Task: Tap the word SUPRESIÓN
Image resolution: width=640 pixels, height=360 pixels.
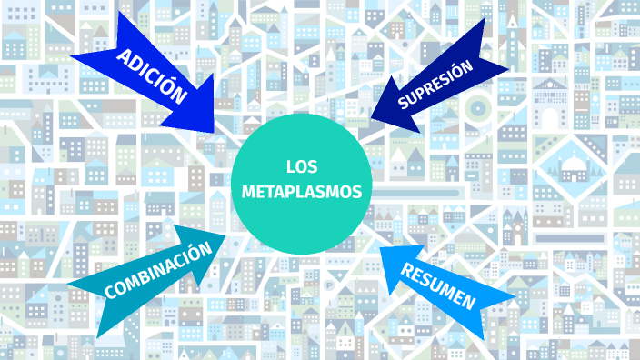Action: [435, 85]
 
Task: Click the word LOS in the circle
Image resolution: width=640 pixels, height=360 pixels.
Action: [300, 166]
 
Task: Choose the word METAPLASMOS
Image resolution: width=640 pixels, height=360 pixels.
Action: [301, 192]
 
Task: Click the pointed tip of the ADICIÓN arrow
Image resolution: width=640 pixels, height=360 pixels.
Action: [216, 130]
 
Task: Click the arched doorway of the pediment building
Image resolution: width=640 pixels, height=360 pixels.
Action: [549, 117]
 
